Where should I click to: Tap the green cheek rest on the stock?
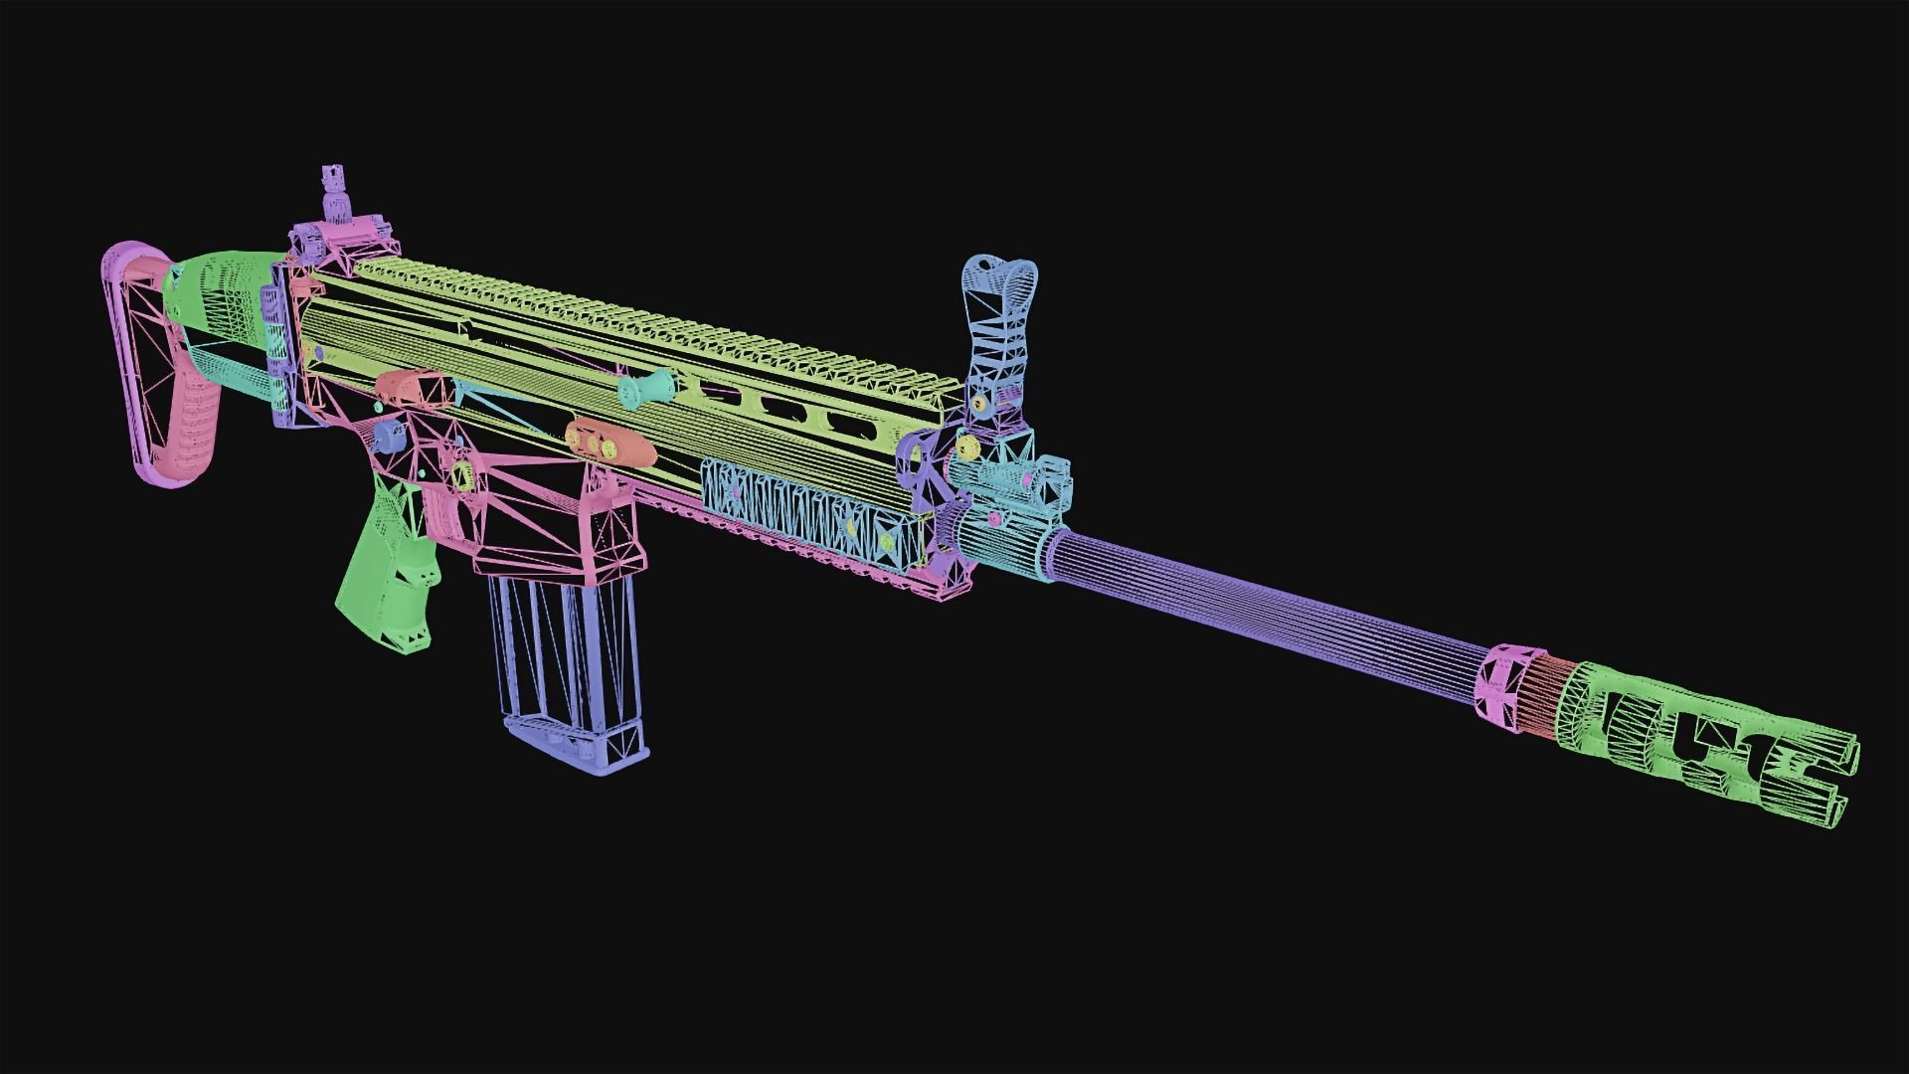click(214, 288)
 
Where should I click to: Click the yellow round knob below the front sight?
click(978, 403)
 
